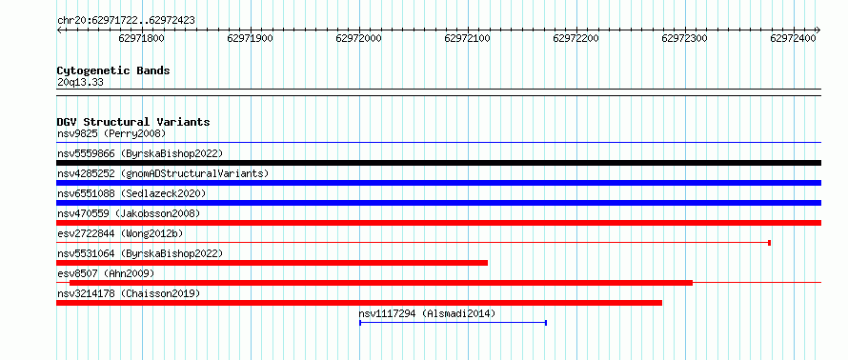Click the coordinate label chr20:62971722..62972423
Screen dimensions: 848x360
click(x=126, y=21)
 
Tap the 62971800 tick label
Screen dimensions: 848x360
click(x=142, y=38)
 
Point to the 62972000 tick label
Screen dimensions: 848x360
click(x=358, y=38)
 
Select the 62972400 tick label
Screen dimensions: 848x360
click(x=793, y=38)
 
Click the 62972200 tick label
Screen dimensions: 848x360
click(x=575, y=38)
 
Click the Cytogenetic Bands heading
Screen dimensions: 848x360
click(x=113, y=70)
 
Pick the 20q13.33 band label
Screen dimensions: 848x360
click(x=80, y=83)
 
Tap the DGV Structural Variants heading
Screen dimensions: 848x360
click(x=133, y=122)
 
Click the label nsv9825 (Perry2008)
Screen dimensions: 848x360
click(x=111, y=133)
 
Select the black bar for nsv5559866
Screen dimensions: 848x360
click(x=438, y=163)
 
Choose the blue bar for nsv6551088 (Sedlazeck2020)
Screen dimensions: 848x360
click(x=438, y=203)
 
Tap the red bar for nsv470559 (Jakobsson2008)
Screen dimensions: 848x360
click(x=438, y=223)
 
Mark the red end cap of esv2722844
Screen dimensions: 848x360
click(x=769, y=243)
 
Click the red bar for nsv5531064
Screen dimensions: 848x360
click(x=273, y=263)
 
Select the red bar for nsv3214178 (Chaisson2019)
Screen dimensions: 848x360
click(x=359, y=303)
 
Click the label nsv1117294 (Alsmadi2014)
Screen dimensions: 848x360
click(x=427, y=313)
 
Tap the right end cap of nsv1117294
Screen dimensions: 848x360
click(x=546, y=323)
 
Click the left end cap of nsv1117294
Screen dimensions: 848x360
click(x=360, y=323)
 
